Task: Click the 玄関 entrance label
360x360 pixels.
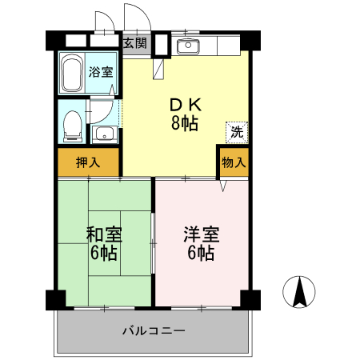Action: pos(134,43)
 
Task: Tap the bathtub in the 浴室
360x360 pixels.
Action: pos(74,74)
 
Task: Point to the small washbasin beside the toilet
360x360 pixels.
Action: pos(103,133)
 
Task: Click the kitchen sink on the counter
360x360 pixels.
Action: pos(189,45)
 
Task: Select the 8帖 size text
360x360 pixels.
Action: pos(184,123)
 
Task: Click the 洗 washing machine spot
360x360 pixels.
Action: pos(238,130)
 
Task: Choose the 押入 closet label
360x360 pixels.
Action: pos(88,162)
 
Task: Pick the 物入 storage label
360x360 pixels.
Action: pos(234,162)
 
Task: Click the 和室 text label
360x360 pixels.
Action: pos(104,235)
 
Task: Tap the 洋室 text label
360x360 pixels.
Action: pos(201,235)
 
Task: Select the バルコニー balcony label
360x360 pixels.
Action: pos(154,330)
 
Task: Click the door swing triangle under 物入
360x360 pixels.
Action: pos(224,185)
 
